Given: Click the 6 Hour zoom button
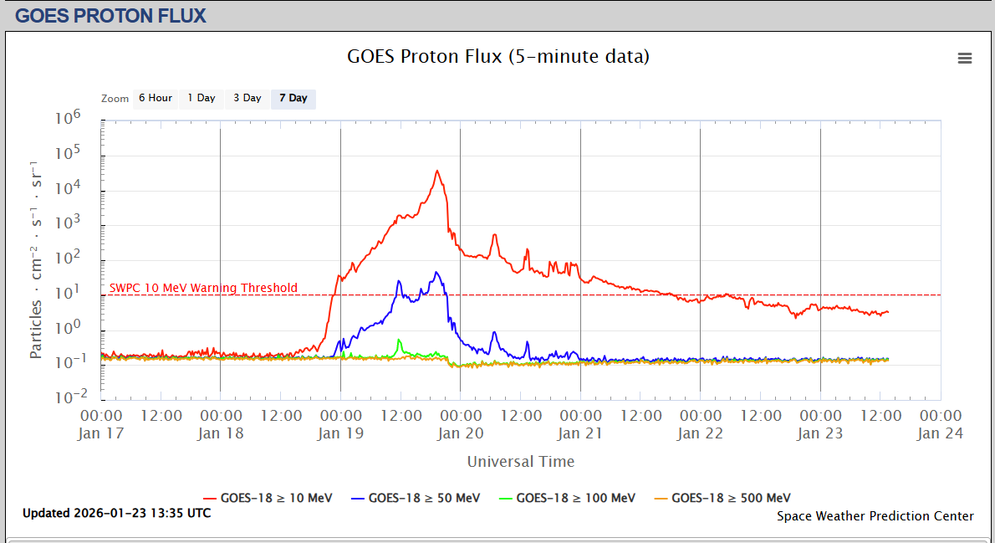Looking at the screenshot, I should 155,98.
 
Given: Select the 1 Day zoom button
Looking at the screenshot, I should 201,98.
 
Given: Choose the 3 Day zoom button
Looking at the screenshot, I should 247,98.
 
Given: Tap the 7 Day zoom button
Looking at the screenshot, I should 293,98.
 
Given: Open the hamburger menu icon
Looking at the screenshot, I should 965,58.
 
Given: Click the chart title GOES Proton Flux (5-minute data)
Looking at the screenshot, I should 497,57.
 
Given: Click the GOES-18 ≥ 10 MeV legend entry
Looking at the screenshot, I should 276,498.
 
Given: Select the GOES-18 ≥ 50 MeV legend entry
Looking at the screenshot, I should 424,498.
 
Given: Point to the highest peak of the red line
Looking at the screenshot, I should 436,171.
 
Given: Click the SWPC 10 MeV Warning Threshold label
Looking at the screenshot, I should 203,288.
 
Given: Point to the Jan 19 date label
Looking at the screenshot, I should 340,433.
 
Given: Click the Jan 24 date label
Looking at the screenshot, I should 941,433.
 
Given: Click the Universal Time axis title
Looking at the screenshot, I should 521,461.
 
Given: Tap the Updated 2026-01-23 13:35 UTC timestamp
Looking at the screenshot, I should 116,513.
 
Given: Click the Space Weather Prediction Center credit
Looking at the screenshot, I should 875,516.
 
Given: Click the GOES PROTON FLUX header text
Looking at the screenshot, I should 110,15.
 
